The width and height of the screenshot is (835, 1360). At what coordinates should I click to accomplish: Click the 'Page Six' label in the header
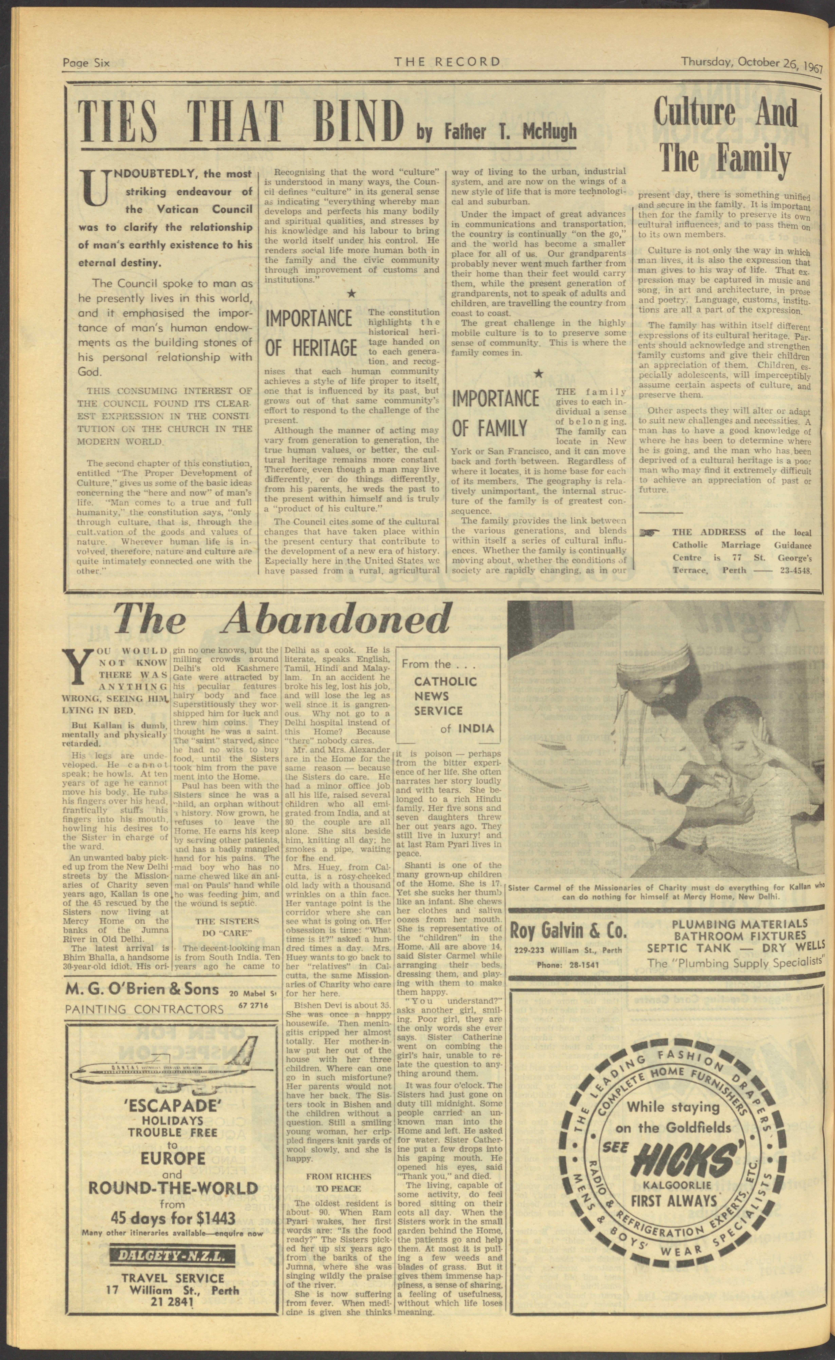[86, 62]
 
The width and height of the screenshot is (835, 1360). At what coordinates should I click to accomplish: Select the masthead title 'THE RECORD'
[447, 61]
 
